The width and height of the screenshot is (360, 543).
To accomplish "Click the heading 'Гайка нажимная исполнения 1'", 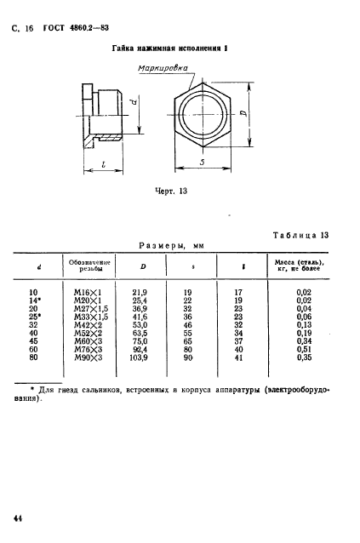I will (x=174, y=51).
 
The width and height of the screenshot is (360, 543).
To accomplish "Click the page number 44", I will (x=17, y=517).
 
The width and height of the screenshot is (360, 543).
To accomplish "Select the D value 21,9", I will (x=133, y=292).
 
